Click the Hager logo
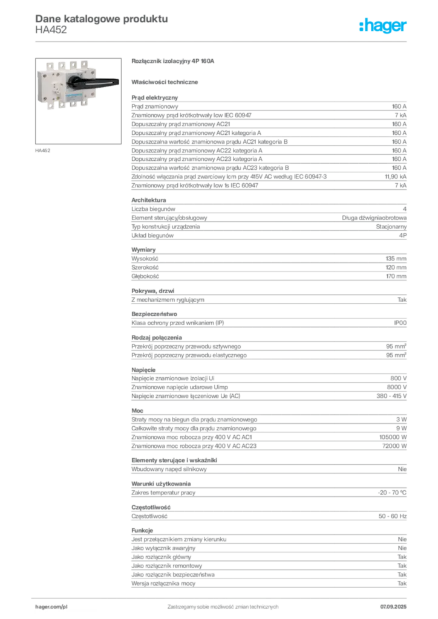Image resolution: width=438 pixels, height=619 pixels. pyautogui.click(x=383, y=26)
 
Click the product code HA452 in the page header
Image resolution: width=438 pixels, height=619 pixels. pyautogui.click(x=51, y=30)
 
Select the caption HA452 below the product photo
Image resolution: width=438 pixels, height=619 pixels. pyautogui.click(x=43, y=151)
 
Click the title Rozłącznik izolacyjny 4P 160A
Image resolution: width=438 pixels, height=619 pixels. pyautogui.click(x=172, y=61)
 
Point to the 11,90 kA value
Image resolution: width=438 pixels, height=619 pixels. pyautogui.click(x=395, y=177)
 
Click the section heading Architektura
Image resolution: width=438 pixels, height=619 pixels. pyautogui.click(x=148, y=200)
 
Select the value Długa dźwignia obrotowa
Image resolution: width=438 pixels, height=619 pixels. pyautogui.click(x=374, y=218)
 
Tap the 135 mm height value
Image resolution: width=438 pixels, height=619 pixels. pyautogui.click(x=396, y=259)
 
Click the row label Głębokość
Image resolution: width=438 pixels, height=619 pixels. pyautogui.click(x=145, y=276)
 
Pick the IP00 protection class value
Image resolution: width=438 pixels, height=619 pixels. pyautogui.click(x=400, y=323)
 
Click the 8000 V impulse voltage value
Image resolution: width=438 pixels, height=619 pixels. pyautogui.click(x=396, y=387)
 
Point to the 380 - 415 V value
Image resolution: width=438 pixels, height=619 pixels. pyautogui.click(x=391, y=396)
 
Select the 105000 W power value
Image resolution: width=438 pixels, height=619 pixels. pyautogui.click(x=393, y=438)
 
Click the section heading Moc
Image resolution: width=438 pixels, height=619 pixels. pyautogui.click(x=137, y=410)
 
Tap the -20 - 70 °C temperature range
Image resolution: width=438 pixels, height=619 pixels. pyautogui.click(x=392, y=493)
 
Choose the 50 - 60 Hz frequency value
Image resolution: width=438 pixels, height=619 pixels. pyautogui.click(x=392, y=516)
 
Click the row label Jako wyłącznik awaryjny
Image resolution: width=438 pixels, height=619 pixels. pyautogui.click(x=163, y=548)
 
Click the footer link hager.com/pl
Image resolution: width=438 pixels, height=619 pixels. pyautogui.click(x=51, y=607)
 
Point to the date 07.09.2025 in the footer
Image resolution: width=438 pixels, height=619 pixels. pyautogui.click(x=393, y=607)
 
